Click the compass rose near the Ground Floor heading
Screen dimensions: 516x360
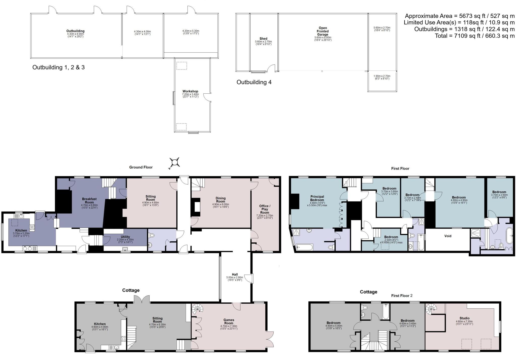coord(174,162)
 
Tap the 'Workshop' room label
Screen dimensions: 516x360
coord(190,91)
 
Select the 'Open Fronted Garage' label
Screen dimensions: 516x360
coord(322,31)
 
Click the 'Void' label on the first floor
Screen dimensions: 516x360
coord(448,236)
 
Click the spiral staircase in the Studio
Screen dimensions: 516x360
coord(431,309)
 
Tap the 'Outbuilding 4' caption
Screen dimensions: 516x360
coord(254,82)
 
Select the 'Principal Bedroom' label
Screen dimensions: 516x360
coord(317,198)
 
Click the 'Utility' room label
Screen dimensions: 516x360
coord(125,237)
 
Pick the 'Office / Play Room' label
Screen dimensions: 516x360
coord(265,209)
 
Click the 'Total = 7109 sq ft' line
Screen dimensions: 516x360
coord(474,36)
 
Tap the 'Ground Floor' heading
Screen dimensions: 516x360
coord(141,167)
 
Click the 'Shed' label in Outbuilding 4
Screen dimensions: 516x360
coord(263,39)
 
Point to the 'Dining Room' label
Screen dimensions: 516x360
coord(220,200)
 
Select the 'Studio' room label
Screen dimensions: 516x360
coord(464,318)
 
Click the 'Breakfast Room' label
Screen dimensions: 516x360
coord(89,201)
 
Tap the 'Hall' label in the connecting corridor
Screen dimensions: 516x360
coord(235,275)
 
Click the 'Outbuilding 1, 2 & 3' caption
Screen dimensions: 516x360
coord(58,67)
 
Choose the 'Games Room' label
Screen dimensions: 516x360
coord(229,321)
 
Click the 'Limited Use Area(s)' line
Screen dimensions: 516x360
coord(459,23)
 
